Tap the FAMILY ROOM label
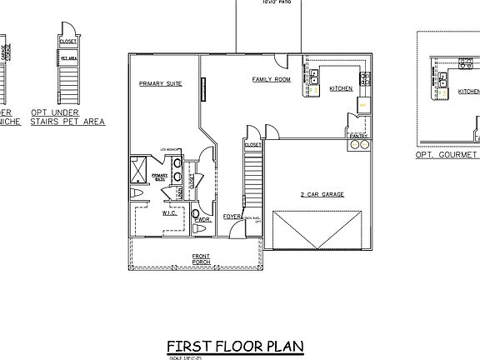[271, 80]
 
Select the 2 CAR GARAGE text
[322, 195]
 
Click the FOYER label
[232, 217]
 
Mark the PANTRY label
[358, 135]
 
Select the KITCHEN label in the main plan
[341, 88]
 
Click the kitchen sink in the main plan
[315, 78]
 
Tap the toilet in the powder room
[197, 227]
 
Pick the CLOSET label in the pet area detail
[68, 40]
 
